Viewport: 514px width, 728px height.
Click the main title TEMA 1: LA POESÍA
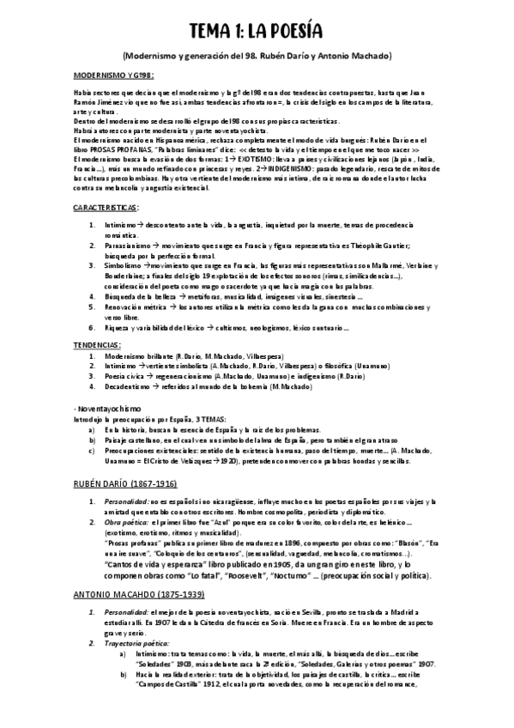tap(256, 31)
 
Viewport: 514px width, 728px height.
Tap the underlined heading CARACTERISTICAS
tap(106, 208)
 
